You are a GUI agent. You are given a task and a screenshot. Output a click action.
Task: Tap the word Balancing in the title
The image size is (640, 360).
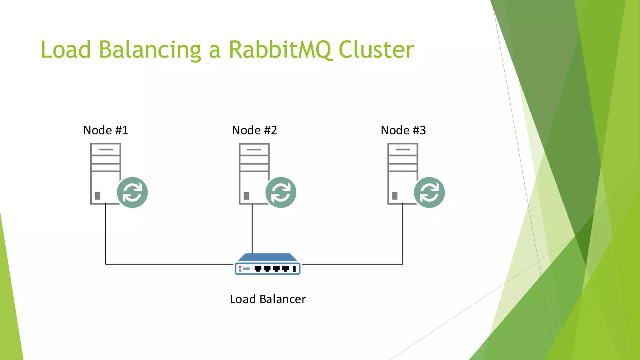[x=150, y=50]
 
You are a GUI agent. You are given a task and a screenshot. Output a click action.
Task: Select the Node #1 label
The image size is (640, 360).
[x=106, y=130]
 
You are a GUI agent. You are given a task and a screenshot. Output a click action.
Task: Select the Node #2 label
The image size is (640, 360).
[x=254, y=130]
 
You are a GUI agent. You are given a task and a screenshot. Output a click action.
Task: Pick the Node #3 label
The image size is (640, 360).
[x=403, y=130]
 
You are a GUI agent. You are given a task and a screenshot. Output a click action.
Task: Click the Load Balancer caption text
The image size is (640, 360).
[x=268, y=299]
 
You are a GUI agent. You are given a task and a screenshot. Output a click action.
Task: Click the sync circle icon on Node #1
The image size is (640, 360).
[x=132, y=192]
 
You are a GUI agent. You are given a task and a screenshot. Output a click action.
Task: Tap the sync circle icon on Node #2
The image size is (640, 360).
[x=281, y=192]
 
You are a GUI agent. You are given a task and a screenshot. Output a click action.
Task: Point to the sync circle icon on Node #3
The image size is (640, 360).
[x=429, y=192]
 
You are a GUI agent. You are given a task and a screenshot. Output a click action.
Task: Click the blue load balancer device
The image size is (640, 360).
[x=267, y=265]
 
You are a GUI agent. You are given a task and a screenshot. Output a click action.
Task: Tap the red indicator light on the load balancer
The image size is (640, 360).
[x=240, y=267]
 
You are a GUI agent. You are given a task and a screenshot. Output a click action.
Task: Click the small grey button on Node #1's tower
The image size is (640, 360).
[x=98, y=196]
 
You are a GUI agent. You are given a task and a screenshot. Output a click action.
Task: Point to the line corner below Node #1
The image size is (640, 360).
[x=106, y=264]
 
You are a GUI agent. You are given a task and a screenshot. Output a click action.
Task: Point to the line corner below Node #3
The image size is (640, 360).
[x=402, y=264]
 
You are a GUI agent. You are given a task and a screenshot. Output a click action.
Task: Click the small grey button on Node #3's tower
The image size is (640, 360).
[x=395, y=196]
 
